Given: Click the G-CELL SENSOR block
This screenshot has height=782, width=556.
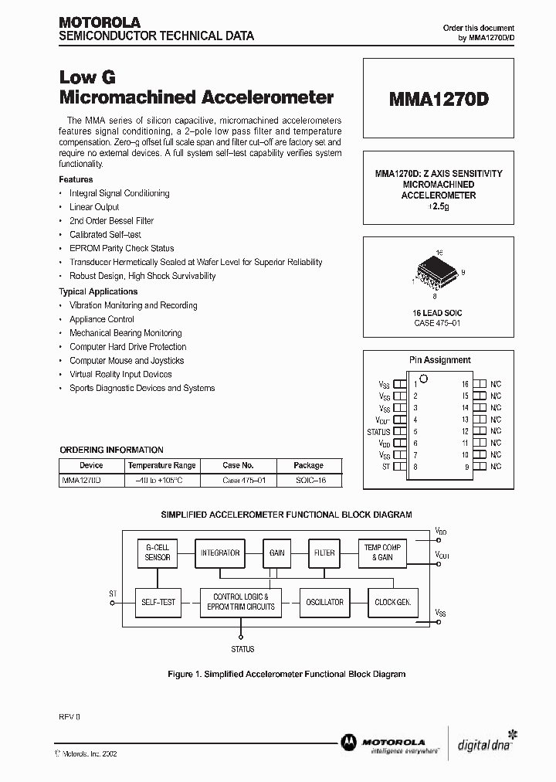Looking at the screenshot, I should coord(158,552).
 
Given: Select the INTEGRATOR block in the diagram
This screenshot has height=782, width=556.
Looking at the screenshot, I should coord(220,552).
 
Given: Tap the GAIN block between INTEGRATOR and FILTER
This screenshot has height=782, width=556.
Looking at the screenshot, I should coord(276,552).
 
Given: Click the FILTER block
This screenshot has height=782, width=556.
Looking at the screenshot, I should coord(324,552).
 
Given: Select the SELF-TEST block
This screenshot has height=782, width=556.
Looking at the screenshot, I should coord(158,602).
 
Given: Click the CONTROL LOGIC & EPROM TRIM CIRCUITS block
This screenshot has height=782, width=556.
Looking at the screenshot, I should coord(241,602).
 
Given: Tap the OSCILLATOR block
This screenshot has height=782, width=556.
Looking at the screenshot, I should coord(324,602).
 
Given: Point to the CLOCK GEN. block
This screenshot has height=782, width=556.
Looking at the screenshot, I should coord(392,602).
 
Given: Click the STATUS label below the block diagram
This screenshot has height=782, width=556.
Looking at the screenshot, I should coord(242,649).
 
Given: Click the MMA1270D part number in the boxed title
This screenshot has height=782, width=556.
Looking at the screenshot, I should coord(438,100).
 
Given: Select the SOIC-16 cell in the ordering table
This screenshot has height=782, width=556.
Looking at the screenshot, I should coord(309,480).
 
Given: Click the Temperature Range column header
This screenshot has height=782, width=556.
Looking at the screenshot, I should coord(162,465).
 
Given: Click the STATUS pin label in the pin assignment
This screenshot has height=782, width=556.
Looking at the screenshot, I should coord(378,432).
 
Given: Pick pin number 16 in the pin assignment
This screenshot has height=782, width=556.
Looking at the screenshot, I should coord(465,383).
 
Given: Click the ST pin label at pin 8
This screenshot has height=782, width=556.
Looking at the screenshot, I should coord(385,467).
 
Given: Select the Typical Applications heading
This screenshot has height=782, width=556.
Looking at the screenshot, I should coord(98,291).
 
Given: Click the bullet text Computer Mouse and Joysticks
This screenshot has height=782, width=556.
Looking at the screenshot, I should coord(127,361).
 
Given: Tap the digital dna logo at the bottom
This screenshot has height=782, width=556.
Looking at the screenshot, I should coord(485,744).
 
